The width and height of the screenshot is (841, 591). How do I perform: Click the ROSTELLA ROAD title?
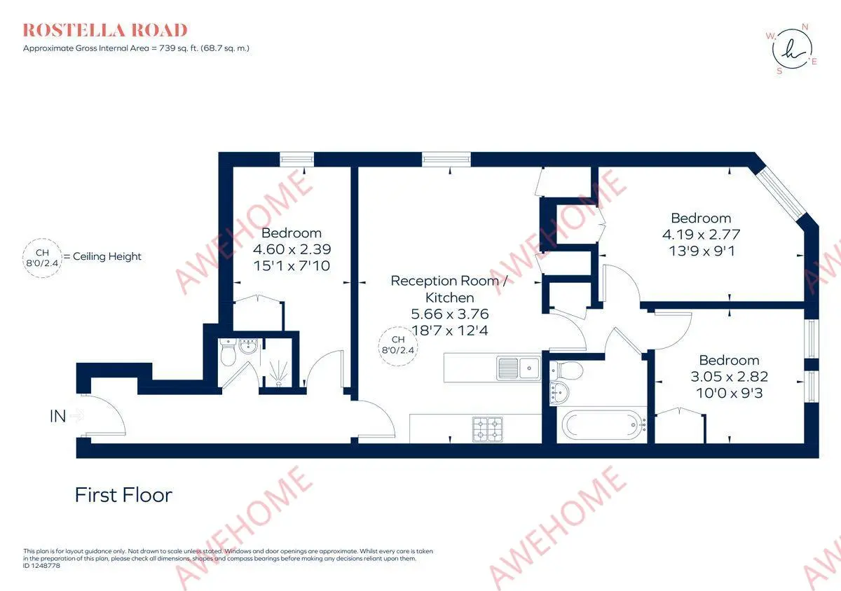point(104,30)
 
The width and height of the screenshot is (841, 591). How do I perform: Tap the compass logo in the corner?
point(792,49)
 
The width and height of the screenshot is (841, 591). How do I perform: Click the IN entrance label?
point(57,416)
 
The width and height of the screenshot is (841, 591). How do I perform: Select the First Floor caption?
point(123,495)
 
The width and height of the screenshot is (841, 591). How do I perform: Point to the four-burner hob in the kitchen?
point(487,429)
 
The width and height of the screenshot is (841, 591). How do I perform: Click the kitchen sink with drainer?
point(519,368)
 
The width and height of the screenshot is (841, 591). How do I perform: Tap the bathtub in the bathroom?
point(604,425)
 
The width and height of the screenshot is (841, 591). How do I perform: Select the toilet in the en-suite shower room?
point(228,352)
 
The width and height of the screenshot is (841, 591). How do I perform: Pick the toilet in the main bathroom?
point(566,370)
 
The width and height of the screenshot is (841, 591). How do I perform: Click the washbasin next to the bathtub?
point(559,393)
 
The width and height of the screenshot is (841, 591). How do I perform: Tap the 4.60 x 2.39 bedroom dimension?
point(292,249)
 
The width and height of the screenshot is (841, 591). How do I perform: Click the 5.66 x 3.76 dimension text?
point(449,314)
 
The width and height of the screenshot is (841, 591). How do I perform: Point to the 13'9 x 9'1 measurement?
point(702,251)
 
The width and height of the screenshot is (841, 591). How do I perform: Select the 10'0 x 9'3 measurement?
point(729,394)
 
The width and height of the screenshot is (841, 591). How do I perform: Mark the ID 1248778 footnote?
point(41,566)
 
